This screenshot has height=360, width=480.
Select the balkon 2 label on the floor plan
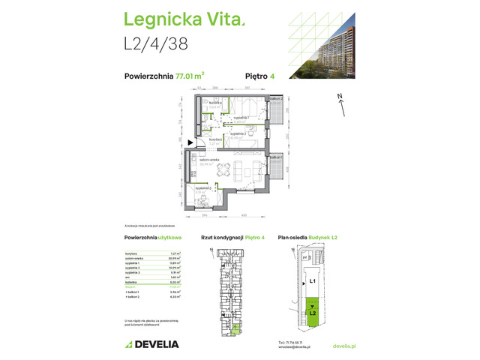click(276, 99)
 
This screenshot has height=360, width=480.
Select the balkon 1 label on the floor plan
click(275, 158)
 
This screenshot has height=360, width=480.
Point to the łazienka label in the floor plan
click(214, 103)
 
